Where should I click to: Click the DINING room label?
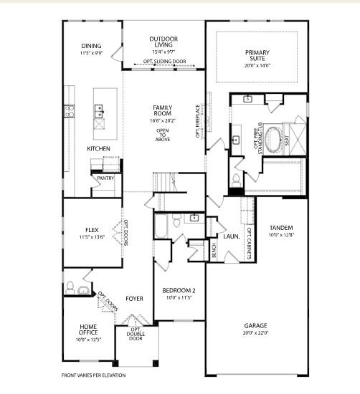[x=92, y=47]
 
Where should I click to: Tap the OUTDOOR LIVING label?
[x=164, y=39]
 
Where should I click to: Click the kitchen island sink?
[x=98, y=111]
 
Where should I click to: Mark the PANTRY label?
[x=105, y=178]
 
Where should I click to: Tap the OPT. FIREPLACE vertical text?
[x=199, y=122]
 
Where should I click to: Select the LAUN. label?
[x=231, y=236]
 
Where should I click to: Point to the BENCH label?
[x=214, y=251]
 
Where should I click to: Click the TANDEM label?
[x=280, y=228]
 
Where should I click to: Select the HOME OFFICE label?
[x=88, y=330]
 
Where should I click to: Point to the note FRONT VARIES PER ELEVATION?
[x=93, y=375]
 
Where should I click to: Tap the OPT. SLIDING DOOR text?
[x=164, y=62]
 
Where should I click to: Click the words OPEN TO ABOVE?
[x=163, y=135]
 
